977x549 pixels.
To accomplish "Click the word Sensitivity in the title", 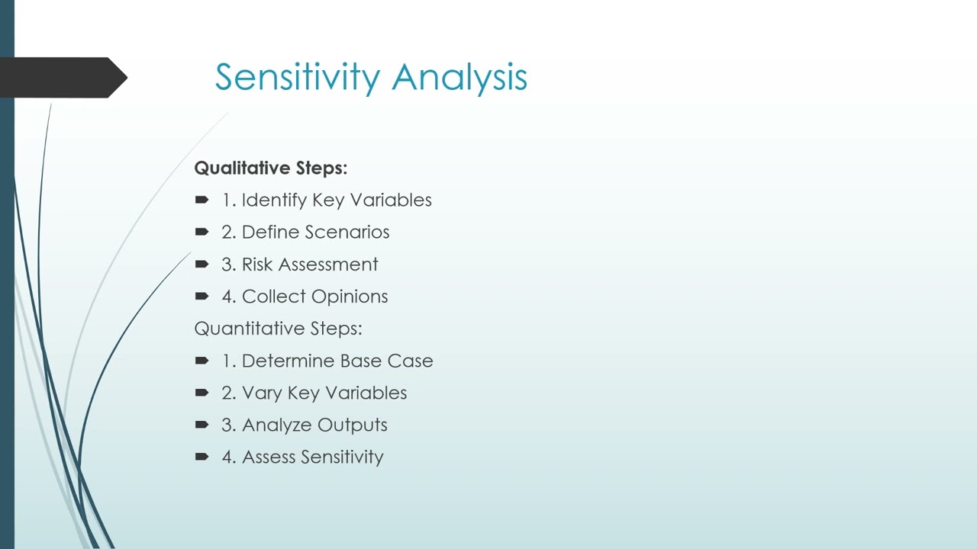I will click(298, 78).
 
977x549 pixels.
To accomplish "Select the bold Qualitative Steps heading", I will click(270, 168).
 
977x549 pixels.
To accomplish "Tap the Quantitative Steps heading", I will click(278, 329).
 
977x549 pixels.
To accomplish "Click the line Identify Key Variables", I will click(327, 200).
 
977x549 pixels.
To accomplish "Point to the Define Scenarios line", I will click(305, 232).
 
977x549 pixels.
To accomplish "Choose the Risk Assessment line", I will click(300, 265).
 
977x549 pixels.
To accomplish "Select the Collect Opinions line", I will click(305, 297).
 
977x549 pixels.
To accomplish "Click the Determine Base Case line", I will click(327, 361).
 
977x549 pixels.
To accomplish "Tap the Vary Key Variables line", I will click(314, 393).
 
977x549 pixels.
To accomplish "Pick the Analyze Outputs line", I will click(305, 425).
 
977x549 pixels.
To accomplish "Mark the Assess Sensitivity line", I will click(302, 457).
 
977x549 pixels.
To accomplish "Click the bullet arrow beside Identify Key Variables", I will click(202, 200).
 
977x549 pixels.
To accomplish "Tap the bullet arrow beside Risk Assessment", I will click(202, 264).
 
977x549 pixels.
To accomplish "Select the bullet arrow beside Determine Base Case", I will click(202, 361).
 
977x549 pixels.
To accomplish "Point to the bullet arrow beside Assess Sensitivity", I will click(202, 457).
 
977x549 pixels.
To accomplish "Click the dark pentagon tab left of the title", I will click(61, 77).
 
